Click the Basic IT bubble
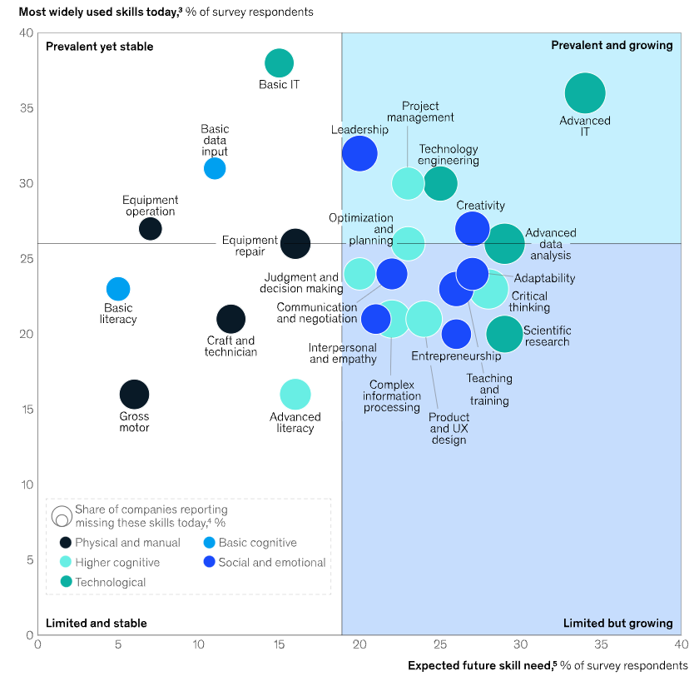279,63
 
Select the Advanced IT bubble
584,93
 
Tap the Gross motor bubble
134,395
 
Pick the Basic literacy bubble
118,289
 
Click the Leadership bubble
359,153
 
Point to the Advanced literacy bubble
295,395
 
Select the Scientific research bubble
504,334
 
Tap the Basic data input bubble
215,168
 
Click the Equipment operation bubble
151,229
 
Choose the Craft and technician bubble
231,319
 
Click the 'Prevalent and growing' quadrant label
612,45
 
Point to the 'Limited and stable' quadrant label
97,623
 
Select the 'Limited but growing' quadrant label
617,623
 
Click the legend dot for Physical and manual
64,543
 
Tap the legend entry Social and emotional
271,563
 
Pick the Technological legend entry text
110,583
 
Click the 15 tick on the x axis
279,644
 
